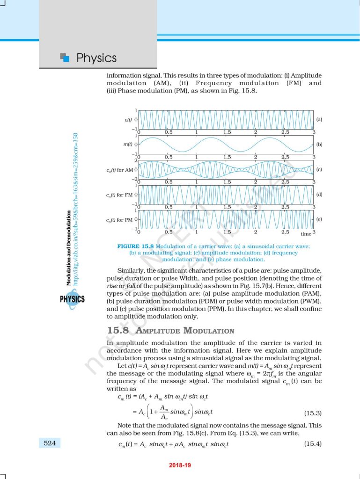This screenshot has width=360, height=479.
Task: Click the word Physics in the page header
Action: [96, 58]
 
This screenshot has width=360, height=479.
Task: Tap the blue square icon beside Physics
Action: [66, 58]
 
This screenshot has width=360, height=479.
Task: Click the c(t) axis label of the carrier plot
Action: [127, 120]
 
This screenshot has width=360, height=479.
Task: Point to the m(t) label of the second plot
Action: [127, 145]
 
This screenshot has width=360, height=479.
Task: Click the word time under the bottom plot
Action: [306, 233]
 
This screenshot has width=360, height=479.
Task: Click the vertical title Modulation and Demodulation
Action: [68, 248]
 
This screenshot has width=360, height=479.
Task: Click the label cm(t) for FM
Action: [119, 195]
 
